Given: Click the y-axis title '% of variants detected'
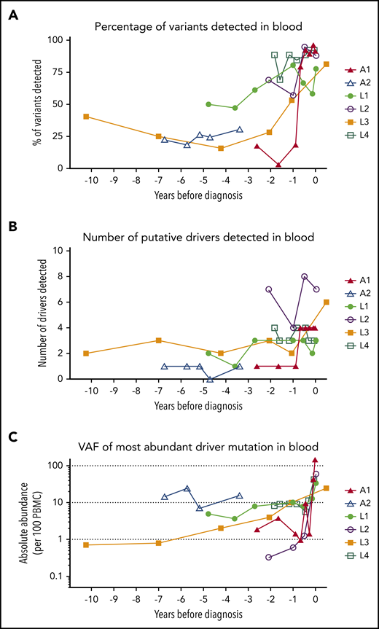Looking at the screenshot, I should [x=36, y=104].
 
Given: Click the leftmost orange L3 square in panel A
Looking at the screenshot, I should [x=87, y=117].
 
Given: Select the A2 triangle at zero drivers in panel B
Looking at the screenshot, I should [x=210, y=379].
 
